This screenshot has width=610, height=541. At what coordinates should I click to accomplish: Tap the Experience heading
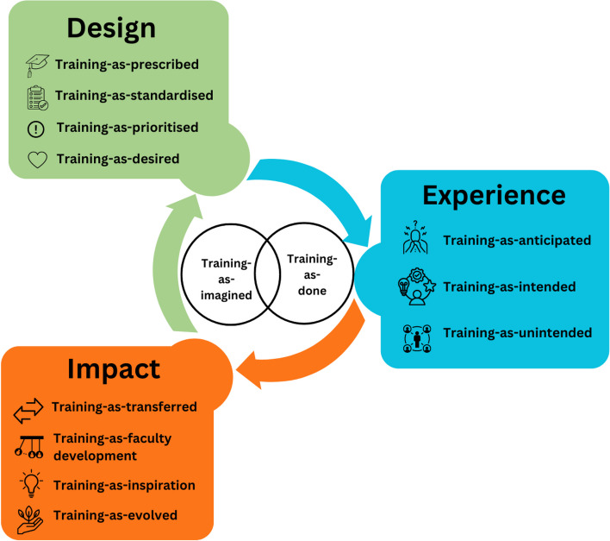click(x=494, y=195)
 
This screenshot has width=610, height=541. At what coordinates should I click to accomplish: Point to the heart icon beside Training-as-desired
click(x=36, y=159)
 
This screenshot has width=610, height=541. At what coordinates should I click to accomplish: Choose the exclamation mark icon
click(x=36, y=129)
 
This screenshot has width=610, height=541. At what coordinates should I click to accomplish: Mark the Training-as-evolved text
click(x=115, y=515)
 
